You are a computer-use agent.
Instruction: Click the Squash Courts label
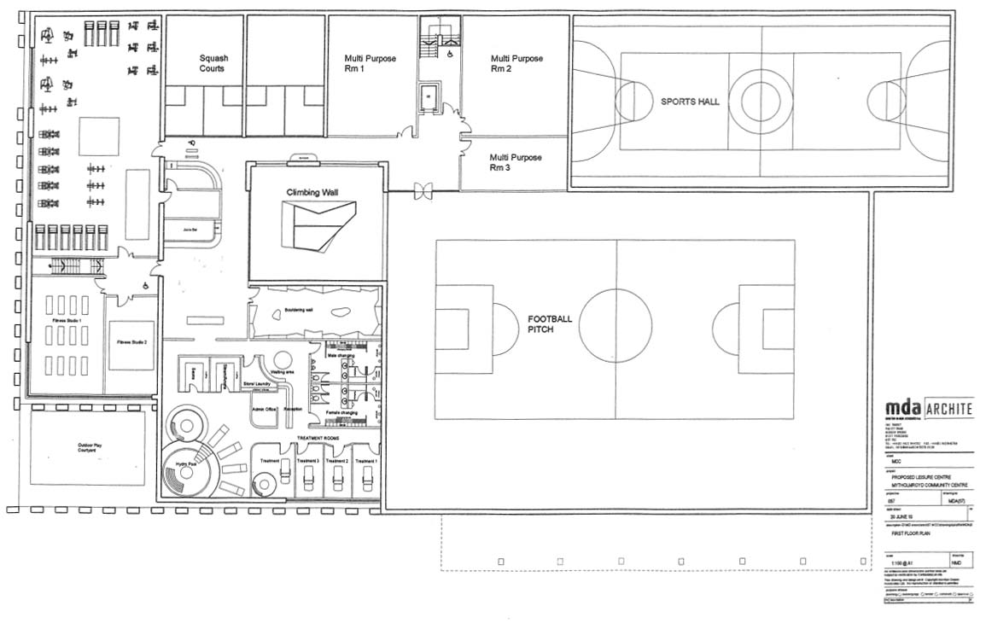[x=213, y=63]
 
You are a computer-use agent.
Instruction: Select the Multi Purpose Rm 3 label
[x=516, y=162]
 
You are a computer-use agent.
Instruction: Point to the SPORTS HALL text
[x=690, y=101]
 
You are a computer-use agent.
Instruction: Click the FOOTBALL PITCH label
[x=550, y=323]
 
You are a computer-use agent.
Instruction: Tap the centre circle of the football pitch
[x=615, y=329]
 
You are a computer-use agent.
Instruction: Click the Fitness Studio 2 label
[x=132, y=342]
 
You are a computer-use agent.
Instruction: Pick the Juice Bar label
[x=191, y=230]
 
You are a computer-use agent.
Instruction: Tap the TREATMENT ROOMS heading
[x=318, y=438]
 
